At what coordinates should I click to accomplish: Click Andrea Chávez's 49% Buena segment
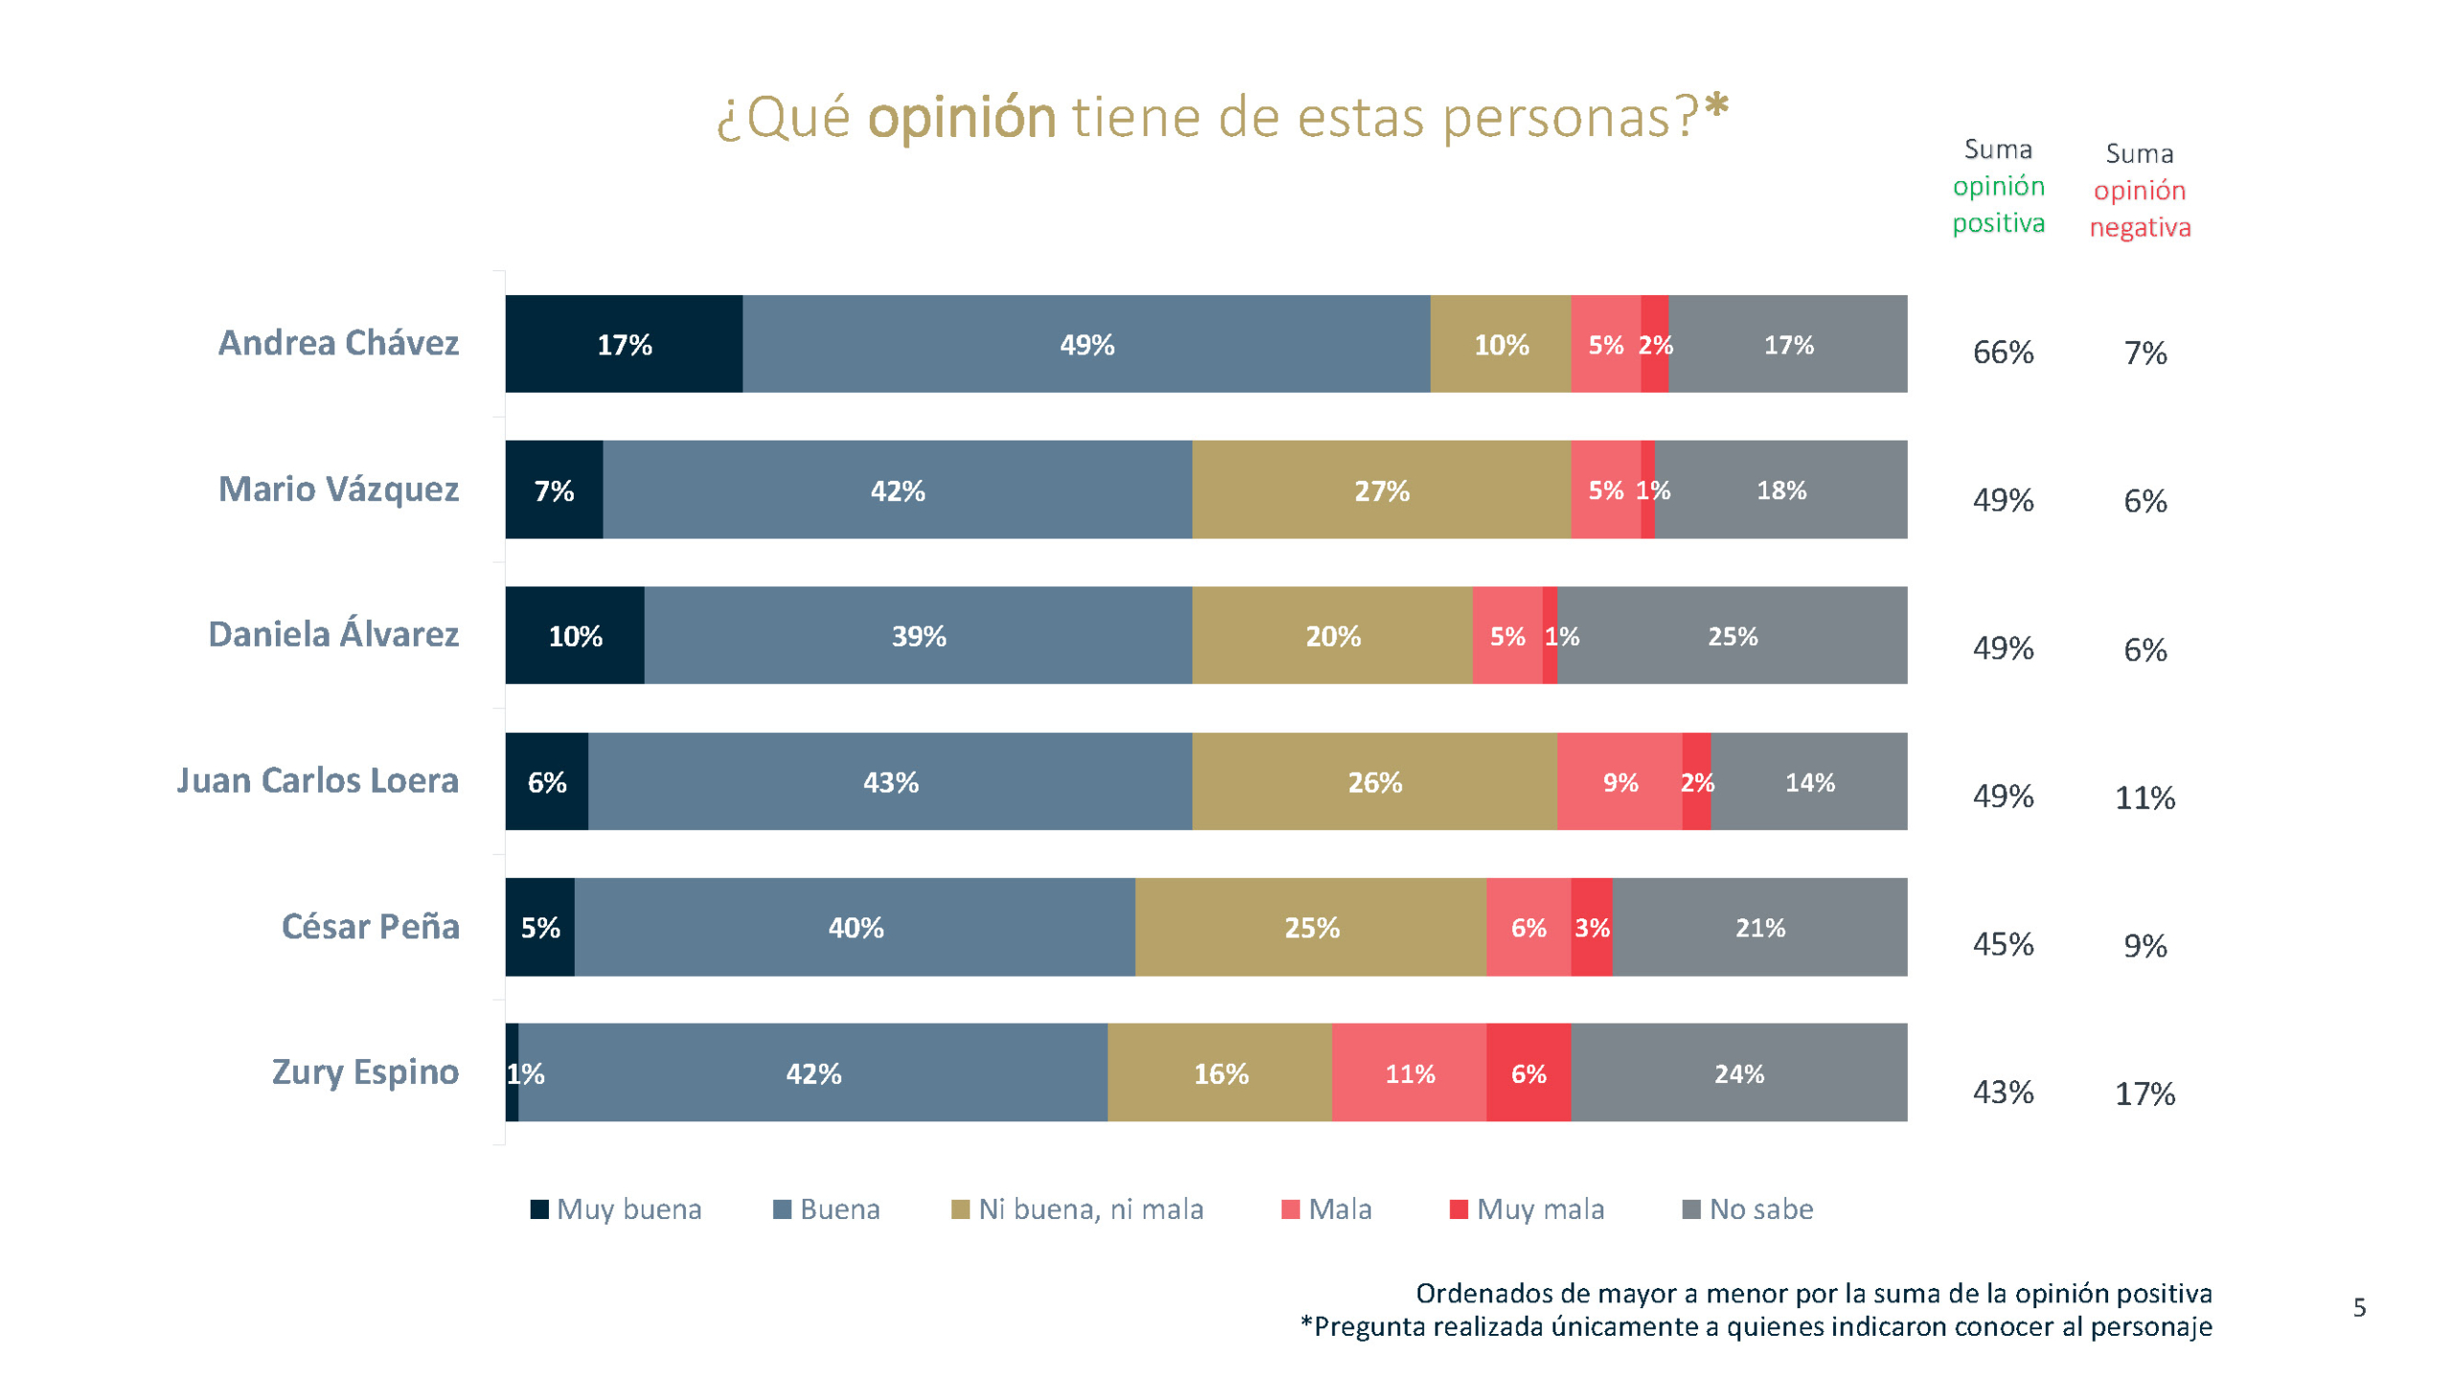click(1085, 344)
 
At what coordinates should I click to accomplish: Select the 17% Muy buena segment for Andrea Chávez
click(624, 344)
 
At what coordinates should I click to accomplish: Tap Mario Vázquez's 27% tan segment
click(1380, 490)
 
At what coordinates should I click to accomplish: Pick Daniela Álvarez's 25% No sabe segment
click(1732, 636)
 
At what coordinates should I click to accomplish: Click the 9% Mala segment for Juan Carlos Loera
click(1619, 782)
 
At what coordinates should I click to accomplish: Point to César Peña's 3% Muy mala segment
click(1591, 927)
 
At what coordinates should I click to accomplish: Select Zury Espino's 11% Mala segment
click(1409, 1074)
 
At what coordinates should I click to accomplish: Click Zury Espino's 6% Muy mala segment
click(1528, 1074)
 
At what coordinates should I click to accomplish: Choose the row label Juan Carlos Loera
click(317, 780)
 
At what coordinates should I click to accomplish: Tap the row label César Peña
click(370, 926)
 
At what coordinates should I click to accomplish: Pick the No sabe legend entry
click(1748, 1209)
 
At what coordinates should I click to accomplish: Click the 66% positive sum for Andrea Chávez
click(2003, 352)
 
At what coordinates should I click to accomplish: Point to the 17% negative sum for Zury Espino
click(2145, 1094)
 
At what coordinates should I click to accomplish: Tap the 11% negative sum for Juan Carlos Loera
click(2145, 798)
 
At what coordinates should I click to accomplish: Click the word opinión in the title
click(961, 119)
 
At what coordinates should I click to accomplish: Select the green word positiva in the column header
click(1998, 223)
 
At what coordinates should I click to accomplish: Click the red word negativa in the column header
click(2140, 228)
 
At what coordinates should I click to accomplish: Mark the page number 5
click(2359, 1307)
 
